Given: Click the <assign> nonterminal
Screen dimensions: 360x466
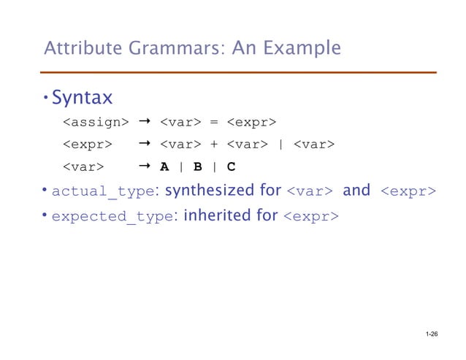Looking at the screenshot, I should point(95,120).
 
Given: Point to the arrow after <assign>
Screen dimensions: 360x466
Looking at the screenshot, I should point(145,120).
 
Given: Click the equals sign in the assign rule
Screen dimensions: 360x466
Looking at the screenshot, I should point(214,120).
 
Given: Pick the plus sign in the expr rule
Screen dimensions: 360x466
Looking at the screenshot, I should point(214,144).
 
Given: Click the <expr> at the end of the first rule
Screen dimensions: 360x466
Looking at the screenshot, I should point(250,120).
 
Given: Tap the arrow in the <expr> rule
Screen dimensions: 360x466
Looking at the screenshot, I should point(145,143).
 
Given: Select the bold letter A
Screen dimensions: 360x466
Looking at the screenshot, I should point(164,166).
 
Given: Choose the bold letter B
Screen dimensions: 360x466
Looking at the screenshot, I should point(197,166).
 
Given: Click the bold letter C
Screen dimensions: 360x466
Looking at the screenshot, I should point(231,166).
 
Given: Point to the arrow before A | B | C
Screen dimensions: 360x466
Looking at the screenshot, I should point(145,166).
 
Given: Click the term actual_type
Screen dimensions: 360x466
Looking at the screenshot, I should point(104,192).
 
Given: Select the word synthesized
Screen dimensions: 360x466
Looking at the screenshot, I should point(206,191).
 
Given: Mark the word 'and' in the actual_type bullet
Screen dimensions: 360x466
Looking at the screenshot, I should point(356,191).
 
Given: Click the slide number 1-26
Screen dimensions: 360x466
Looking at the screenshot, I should point(430,334).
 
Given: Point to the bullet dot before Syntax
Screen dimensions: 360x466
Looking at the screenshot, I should point(45,97).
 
